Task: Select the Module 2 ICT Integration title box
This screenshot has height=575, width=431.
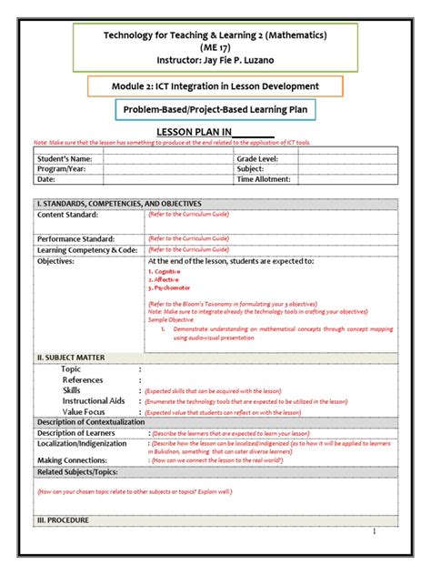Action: (x=215, y=86)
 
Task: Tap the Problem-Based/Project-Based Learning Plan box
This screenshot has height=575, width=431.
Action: (x=215, y=110)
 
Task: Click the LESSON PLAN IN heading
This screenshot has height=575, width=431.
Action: (x=215, y=132)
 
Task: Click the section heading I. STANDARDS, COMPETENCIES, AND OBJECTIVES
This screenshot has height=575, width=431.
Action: (x=118, y=203)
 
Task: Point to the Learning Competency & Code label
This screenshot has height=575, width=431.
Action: (x=86, y=249)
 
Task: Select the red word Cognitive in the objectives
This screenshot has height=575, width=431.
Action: (x=166, y=271)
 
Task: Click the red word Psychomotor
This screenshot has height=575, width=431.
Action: (x=170, y=287)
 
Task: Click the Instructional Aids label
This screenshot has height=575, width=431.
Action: (x=93, y=400)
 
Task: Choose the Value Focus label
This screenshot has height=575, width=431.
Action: (x=85, y=411)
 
